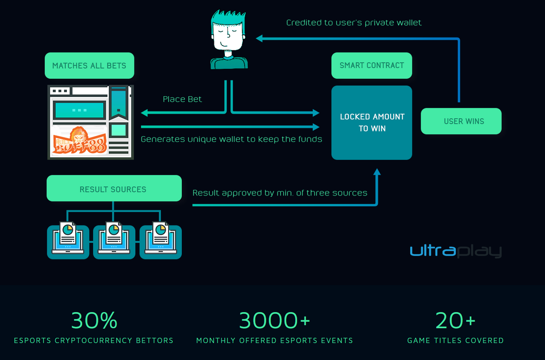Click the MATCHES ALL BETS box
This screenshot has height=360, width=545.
(89, 66)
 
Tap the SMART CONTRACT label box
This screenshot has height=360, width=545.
(371, 66)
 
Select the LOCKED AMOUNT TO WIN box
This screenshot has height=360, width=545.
(371, 122)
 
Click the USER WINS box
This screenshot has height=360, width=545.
(461, 121)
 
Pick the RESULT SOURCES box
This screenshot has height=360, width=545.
(114, 188)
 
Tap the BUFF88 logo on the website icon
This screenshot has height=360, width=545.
(80, 141)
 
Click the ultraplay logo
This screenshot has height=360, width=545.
(455, 251)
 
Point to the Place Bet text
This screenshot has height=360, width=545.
(182, 99)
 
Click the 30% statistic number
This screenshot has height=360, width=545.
(94, 321)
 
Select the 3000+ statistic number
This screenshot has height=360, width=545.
(274, 321)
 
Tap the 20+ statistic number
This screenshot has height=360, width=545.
(455, 321)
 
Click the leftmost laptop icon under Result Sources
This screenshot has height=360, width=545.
(68, 242)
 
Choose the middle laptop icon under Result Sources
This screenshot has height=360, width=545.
(114, 242)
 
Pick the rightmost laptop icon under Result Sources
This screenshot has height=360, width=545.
(160, 242)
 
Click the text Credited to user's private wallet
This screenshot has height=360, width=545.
(354, 23)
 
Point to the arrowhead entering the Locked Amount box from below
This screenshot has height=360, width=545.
(377, 172)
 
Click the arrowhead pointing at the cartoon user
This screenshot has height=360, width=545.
(259, 39)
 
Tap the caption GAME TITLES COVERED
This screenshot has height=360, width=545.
(455, 340)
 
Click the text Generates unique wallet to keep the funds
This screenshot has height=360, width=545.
(231, 139)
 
